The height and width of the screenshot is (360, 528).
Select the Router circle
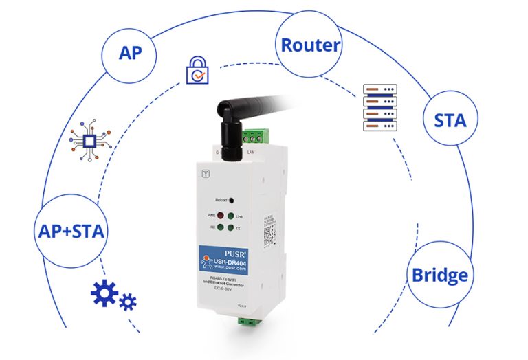[x=310, y=45]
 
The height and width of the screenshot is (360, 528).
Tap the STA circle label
[x=450, y=120]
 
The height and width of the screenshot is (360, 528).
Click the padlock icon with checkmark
[x=197, y=71]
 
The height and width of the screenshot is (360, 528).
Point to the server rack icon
[x=379, y=108]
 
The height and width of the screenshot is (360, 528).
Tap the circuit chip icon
[x=89, y=142]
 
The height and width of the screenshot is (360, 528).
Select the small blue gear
[x=128, y=302]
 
